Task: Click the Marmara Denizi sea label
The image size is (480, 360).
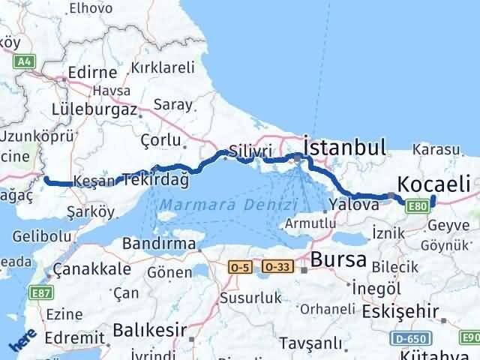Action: [x=229, y=204]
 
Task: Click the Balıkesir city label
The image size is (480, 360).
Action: [x=147, y=329]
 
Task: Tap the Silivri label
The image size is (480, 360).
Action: [x=251, y=151]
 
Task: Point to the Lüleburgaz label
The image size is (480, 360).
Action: [x=94, y=109]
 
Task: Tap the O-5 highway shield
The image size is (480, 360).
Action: [x=240, y=266]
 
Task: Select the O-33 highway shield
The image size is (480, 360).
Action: [x=277, y=266]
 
